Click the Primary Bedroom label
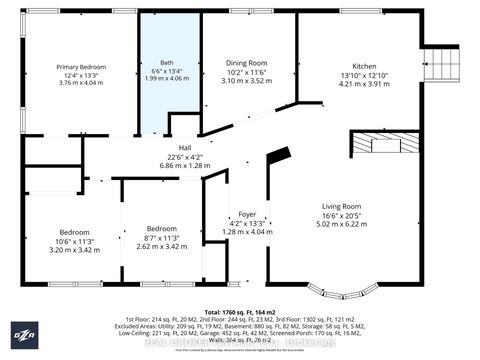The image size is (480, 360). tap(80, 67)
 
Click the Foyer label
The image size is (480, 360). tap(246, 214)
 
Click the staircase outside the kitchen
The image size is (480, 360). tap(436, 56)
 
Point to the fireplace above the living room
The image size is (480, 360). tap(379, 144)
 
